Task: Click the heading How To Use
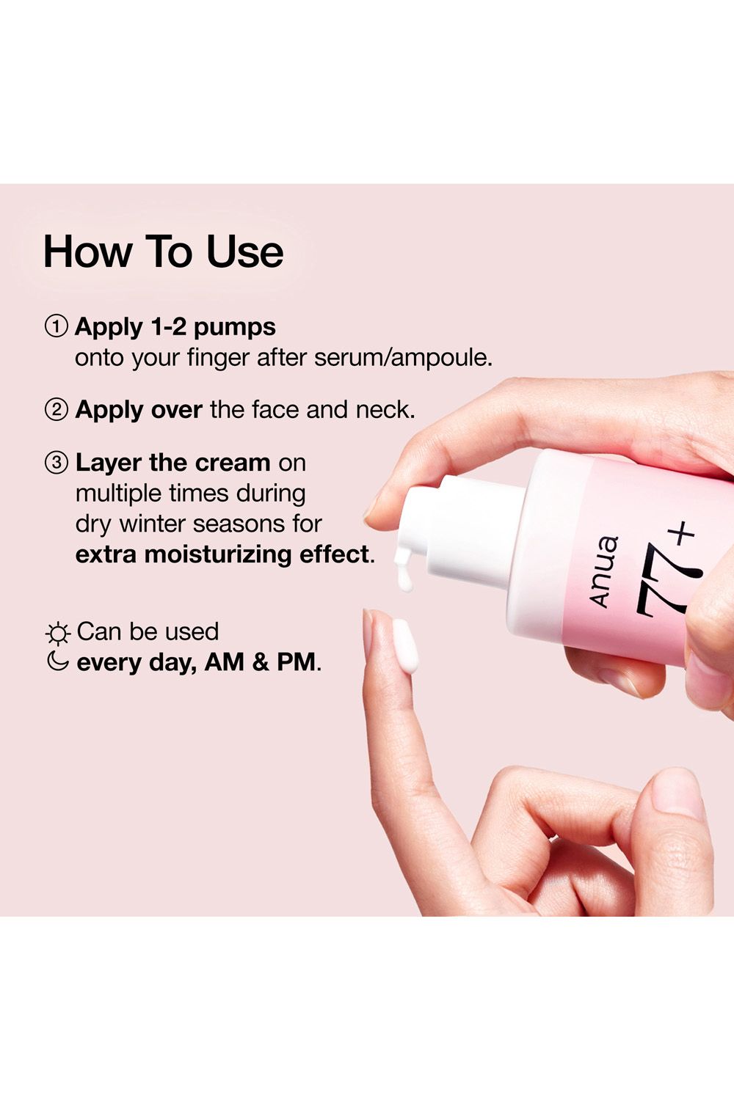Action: click(163, 252)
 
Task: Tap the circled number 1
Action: click(56, 326)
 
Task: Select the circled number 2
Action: click(56, 409)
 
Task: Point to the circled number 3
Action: click(56, 463)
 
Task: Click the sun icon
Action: click(57, 633)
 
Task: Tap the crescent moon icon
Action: click(57, 661)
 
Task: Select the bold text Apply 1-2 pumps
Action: click(175, 326)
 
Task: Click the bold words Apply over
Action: click(139, 409)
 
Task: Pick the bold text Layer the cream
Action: click(173, 463)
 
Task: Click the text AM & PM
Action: click(261, 662)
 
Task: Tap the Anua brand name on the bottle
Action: click(604, 571)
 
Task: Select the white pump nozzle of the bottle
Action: click(448, 528)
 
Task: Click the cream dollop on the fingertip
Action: click(405, 645)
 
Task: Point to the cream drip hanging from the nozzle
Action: click(403, 572)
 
